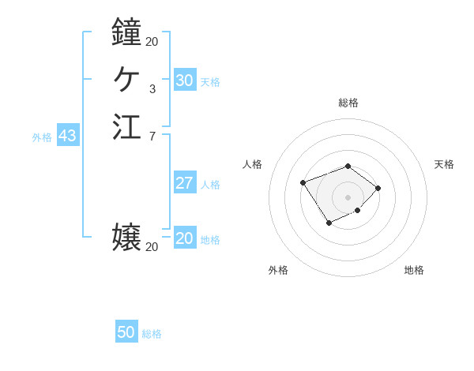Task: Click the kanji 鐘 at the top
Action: tap(126, 32)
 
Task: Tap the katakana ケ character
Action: tap(126, 79)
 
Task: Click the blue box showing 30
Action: tap(185, 81)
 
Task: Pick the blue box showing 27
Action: tap(185, 184)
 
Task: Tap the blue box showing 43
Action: tap(67, 136)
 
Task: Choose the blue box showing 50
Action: tap(126, 332)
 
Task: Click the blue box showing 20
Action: tap(185, 238)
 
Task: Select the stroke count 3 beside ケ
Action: tap(152, 89)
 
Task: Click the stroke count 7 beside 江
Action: tap(152, 137)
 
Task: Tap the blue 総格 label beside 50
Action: tap(152, 334)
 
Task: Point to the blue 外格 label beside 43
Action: tap(42, 137)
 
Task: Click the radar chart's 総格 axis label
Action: tap(348, 103)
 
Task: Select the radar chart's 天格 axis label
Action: tap(444, 164)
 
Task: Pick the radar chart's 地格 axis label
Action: tap(414, 270)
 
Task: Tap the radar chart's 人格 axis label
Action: tap(252, 164)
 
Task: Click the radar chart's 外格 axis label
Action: tap(278, 270)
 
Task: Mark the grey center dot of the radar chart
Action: tap(348, 197)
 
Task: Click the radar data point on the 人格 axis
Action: tap(303, 183)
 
